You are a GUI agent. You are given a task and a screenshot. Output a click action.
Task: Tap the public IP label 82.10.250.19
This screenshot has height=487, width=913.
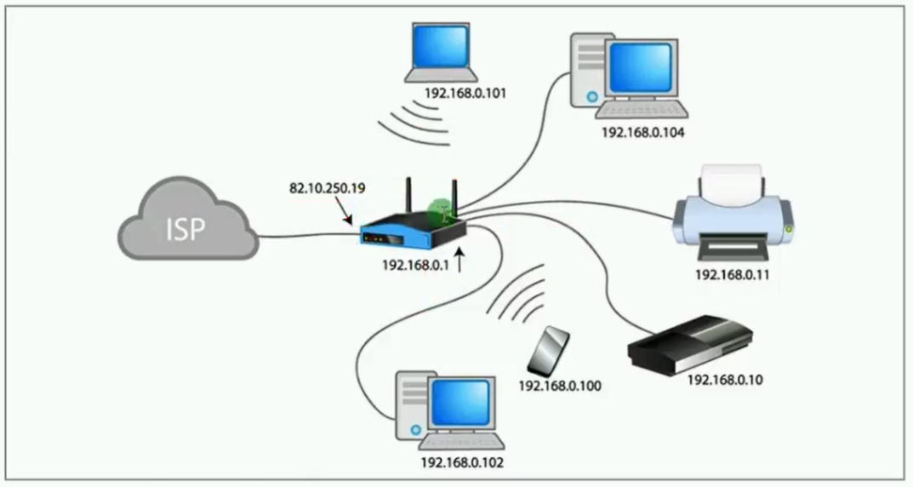click(x=325, y=186)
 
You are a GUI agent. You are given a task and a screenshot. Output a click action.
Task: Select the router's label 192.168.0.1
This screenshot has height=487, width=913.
click(x=415, y=265)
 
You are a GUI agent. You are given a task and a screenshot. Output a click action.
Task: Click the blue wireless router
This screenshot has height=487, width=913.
click(x=414, y=228)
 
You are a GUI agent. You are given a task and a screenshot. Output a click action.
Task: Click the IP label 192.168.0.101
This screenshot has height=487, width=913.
click(x=466, y=94)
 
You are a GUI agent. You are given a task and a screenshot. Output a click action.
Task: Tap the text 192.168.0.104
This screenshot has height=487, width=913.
click(x=643, y=133)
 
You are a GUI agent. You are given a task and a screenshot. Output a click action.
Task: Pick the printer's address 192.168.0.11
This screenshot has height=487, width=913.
click(x=733, y=274)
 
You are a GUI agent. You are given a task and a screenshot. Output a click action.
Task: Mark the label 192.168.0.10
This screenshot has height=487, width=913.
click(x=725, y=380)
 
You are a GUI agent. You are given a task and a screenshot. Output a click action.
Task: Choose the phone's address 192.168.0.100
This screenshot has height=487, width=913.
click(x=560, y=387)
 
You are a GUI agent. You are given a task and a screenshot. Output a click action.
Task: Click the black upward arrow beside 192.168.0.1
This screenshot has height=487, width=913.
click(x=460, y=260)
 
